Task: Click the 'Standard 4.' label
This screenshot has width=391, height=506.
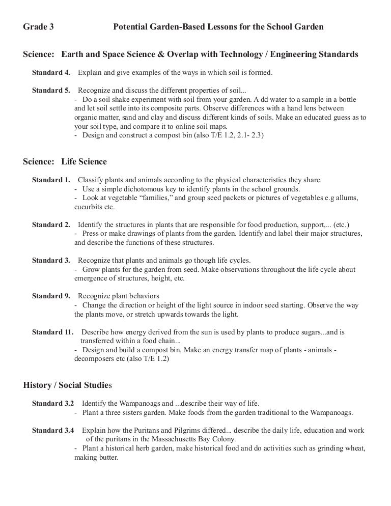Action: (51, 73)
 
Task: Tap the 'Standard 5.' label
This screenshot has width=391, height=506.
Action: (51, 91)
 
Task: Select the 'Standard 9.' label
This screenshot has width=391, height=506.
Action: (51, 296)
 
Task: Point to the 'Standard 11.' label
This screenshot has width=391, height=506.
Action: (53, 332)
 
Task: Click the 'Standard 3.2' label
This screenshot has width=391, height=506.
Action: (53, 403)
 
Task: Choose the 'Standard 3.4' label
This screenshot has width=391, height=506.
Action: (53, 430)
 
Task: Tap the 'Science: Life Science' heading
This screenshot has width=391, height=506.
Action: (65, 162)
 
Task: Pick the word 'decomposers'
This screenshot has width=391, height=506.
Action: (94, 358)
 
